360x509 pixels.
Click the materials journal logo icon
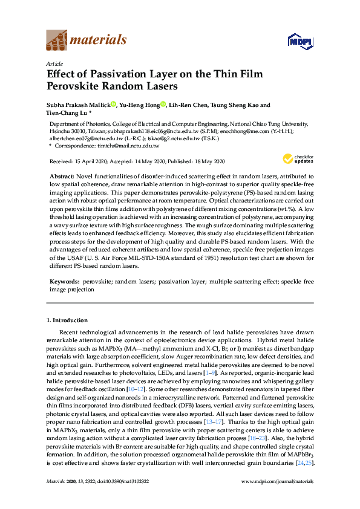[57, 41]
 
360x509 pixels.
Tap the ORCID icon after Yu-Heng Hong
[163, 105]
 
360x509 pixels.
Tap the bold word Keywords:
[64, 282]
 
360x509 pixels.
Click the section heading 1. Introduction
[67, 320]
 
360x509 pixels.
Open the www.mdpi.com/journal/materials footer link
[277, 498]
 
